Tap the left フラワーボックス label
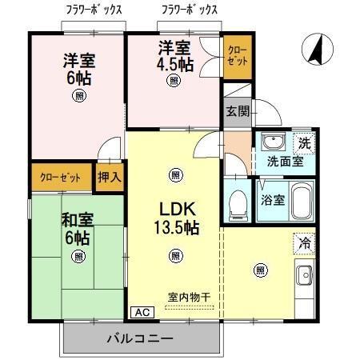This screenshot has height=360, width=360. coord(92,10)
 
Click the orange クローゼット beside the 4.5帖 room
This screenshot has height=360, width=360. coord(236,56)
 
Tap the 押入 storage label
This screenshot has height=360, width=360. coord(110,177)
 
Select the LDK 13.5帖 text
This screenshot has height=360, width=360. coord(175,217)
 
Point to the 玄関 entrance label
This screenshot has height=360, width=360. coord(237,111)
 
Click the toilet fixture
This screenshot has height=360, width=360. coord(238,205)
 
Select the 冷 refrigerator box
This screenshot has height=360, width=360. coord(305,241)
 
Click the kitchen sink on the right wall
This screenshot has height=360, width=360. coord(306,278)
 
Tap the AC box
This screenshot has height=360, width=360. coord(140,313)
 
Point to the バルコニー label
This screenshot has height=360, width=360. coord(141,339)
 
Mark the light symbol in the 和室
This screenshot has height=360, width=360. coord(78,257)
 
